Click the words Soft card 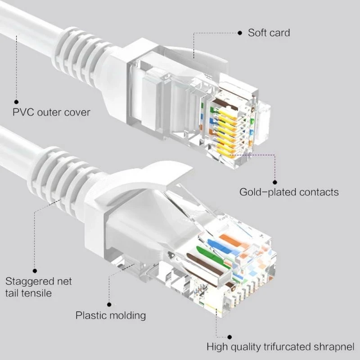[x=269, y=33]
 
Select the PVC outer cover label [x=51, y=112]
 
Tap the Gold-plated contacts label [x=289, y=192]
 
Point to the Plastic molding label [x=111, y=315]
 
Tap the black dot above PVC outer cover [x=17, y=102]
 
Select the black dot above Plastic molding [x=108, y=304]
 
